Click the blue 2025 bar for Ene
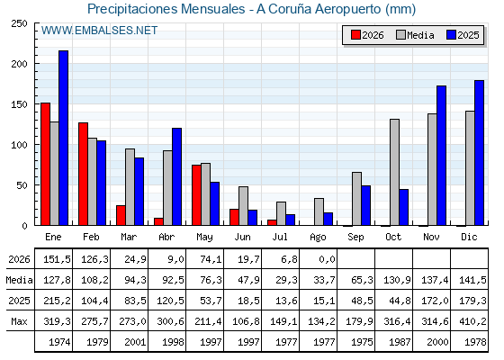pos(64,138)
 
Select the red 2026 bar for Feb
pos(83,174)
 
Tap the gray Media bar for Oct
pos(395,172)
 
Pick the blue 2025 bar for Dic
pos(479,153)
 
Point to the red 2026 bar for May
pos(197,195)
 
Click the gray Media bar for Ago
pos(319,211)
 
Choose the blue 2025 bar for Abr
pos(176,176)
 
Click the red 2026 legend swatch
pos(355,35)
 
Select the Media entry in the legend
pos(415,35)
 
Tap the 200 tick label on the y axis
pos(20,64)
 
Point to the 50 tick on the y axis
pos(22,185)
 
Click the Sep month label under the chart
pos(355,238)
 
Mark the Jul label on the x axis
pos(280,237)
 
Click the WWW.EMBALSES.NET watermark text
pos(99,31)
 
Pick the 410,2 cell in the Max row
pos(472,321)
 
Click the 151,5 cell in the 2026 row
pos(57,259)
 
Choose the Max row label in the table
pos(19,321)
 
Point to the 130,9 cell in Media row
pos(397,280)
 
